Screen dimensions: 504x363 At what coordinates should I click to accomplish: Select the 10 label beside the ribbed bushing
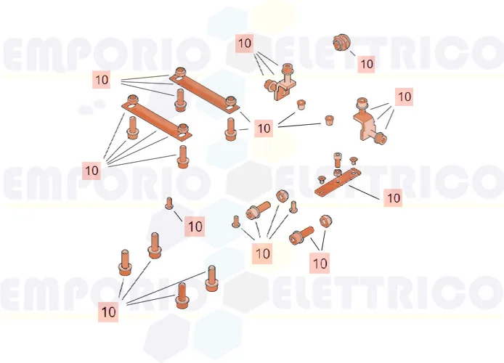click(x=367, y=64)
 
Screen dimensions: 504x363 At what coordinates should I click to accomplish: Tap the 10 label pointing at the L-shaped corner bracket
click(x=245, y=43)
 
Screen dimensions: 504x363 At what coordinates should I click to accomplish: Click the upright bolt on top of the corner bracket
click(x=286, y=73)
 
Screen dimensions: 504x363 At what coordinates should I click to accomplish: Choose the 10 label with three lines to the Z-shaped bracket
click(x=405, y=97)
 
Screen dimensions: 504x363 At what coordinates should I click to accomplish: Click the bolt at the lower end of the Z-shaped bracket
click(x=381, y=139)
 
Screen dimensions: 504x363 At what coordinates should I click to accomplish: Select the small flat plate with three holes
click(x=337, y=182)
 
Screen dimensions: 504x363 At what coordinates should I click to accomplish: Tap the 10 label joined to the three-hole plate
click(x=393, y=198)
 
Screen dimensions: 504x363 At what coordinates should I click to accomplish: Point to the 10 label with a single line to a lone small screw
click(x=195, y=227)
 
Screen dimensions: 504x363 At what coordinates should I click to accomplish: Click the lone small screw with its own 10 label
click(x=169, y=203)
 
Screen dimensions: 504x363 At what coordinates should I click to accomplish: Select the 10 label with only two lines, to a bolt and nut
click(x=320, y=264)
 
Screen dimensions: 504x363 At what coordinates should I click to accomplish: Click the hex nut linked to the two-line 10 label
click(x=326, y=221)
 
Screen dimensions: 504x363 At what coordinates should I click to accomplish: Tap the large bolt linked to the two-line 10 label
click(x=301, y=235)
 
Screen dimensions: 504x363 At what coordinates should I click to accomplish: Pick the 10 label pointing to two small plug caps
click(x=264, y=129)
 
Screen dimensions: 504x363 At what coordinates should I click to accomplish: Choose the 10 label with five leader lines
click(x=92, y=171)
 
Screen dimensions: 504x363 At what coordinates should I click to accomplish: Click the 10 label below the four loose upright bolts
click(x=108, y=311)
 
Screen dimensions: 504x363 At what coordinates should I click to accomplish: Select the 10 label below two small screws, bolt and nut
click(x=262, y=254)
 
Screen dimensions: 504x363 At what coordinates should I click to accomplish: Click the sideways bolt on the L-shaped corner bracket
click(x=269, y=86)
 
